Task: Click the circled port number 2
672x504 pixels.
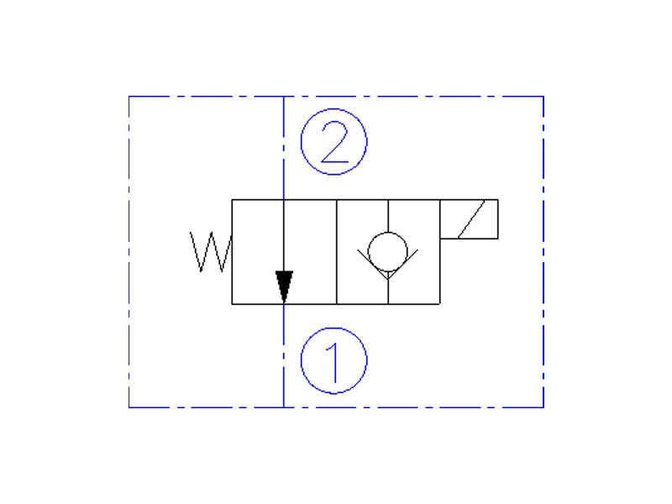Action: [334, 143]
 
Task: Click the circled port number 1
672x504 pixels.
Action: [334, 360]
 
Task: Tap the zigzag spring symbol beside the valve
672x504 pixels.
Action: [210, 252]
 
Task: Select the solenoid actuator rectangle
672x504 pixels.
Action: [469, 219]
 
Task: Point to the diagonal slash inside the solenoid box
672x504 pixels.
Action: [469, 219]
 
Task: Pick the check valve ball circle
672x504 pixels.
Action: [387, 249]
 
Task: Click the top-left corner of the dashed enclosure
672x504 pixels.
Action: [129, 97]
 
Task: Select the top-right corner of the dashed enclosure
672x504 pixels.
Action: [543, 97]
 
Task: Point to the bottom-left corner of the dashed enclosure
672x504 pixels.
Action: [129, 407]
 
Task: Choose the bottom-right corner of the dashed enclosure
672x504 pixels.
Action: [543, 407]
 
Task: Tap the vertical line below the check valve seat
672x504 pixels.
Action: [387, 291]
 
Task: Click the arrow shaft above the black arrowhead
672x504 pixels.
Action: [284, 235]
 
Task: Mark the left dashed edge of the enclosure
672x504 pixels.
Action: [129, 252]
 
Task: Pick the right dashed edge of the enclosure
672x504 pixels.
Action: [543, 252]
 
